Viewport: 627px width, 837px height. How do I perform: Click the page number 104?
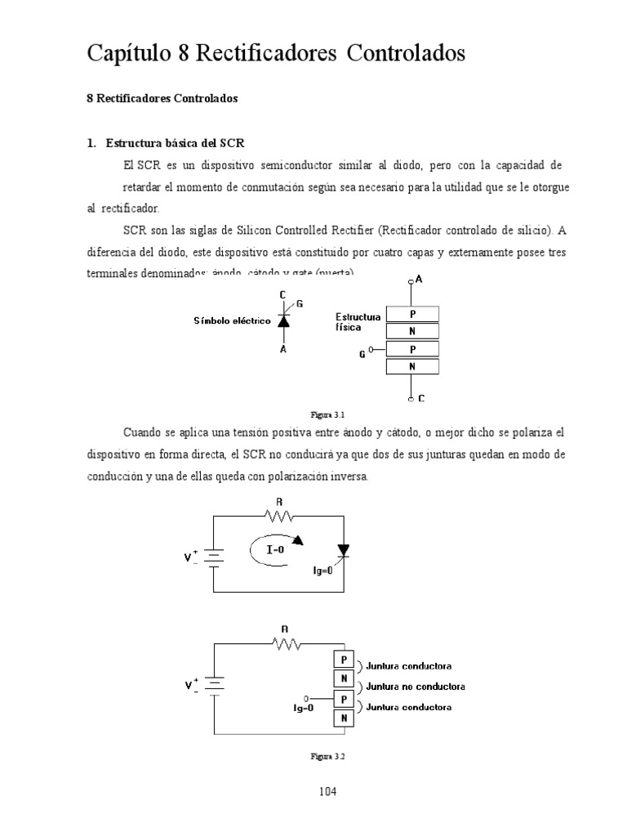coord(327,791)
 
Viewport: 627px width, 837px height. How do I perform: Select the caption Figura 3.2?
coord(328,757)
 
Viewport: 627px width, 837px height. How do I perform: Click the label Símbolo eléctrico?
coord(232,321)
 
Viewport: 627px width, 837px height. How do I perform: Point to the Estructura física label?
coord(358,320)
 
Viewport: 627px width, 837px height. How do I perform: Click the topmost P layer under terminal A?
coord(412,313)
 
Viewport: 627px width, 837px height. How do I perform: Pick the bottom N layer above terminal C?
coord(412,367)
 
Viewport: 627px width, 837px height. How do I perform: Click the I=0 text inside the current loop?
coord(275,550)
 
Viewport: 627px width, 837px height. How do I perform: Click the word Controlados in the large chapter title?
coord(406,54)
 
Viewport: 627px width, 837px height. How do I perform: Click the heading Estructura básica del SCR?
coord(175,143)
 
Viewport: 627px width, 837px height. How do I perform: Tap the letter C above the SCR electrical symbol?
coord(282,294)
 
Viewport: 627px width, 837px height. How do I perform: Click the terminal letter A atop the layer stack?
coord(419,280)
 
